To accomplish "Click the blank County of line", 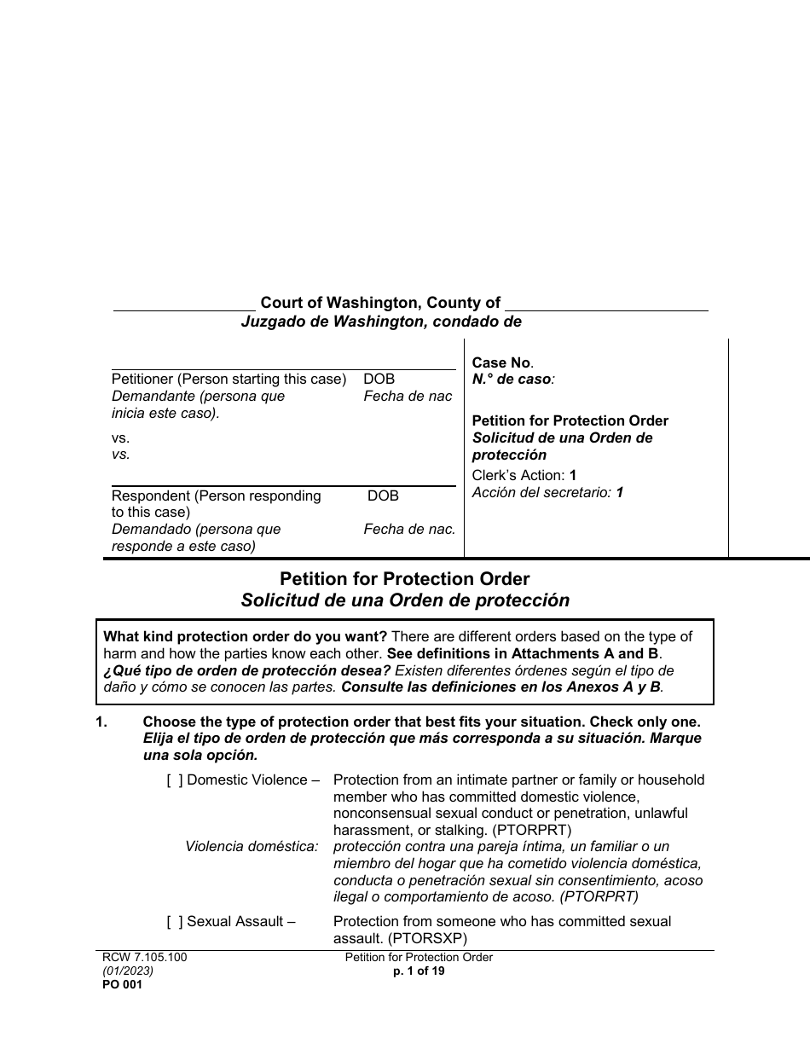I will (x=606, y=304).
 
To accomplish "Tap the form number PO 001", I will (x=122, y=984).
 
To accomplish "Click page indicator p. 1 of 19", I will (x=419, y=971).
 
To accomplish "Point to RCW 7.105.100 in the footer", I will (x=144, y=957).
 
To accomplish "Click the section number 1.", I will (x=101, y=722).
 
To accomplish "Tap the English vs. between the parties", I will (x=120, y=438).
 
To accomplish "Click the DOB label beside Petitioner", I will (x=379, y=379).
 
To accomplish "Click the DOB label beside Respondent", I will (x=383, y=496).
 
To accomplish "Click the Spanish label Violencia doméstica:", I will (x=252, y=846).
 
